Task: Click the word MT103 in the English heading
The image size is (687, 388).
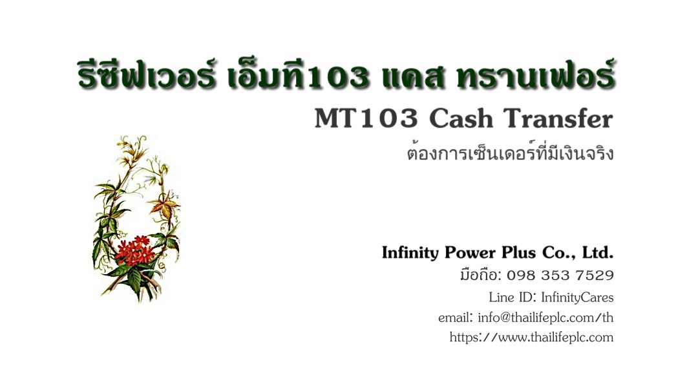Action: pos(366,118)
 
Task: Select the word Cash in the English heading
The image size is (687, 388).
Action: pos(461,118)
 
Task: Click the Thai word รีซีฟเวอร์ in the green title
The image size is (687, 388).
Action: pos(146,74)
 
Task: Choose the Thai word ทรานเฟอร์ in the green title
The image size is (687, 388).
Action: pos(535,74)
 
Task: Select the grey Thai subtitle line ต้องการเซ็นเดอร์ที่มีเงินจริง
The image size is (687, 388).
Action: pos(510,153)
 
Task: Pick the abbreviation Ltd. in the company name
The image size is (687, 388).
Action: pos(598,253)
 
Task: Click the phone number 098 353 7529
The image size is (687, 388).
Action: pos(560,275)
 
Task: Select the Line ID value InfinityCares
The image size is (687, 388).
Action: pos(578,297)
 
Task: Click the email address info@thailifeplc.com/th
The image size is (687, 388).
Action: pos(545,318)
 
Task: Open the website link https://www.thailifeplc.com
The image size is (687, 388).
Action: pos(531,337)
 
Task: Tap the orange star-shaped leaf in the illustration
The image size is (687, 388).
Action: pos(164,205)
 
